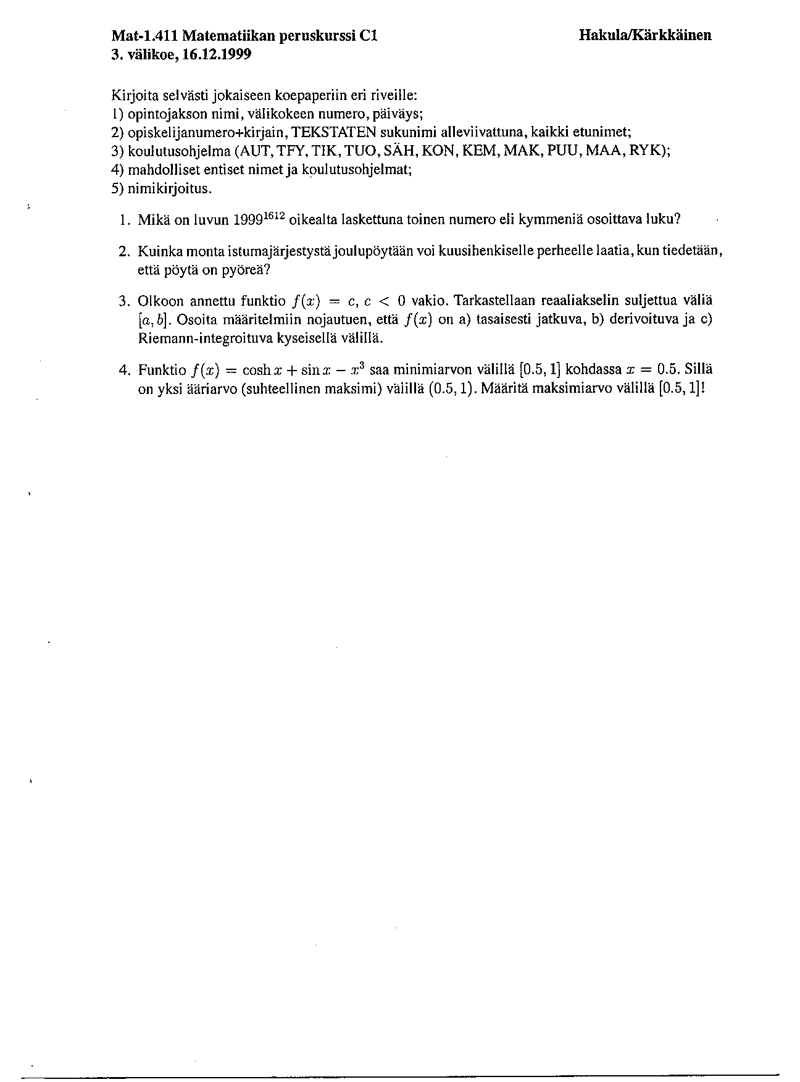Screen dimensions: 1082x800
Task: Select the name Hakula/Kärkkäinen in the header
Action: [x=645, y=35]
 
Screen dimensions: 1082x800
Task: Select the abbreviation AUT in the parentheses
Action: [x=253, y=151]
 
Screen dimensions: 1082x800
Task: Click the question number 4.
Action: [x=123, y=371]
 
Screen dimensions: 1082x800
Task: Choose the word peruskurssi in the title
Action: [x=316, y=36]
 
